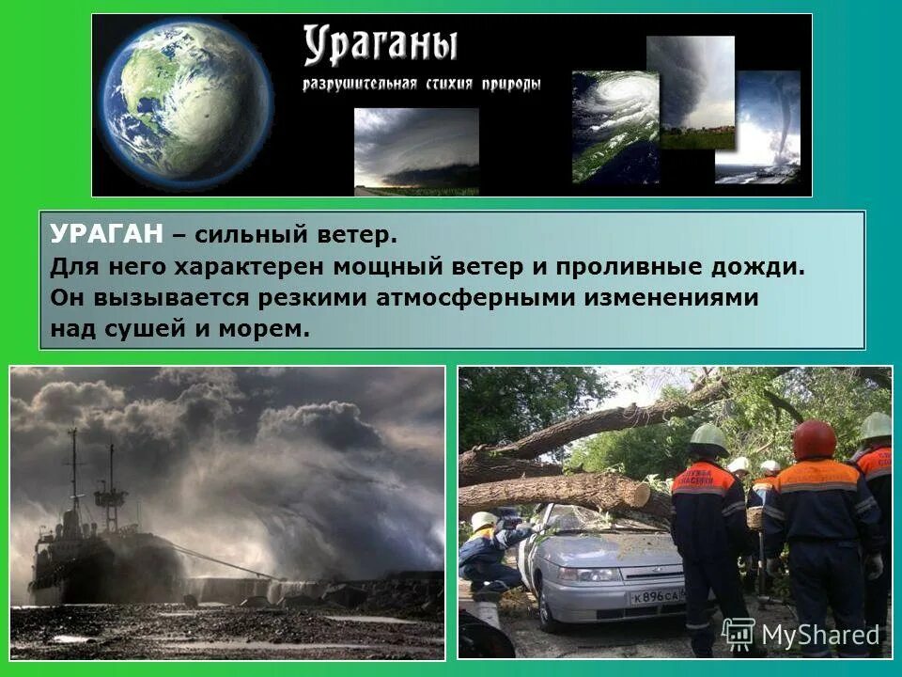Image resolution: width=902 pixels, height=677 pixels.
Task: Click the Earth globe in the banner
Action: (184, 102)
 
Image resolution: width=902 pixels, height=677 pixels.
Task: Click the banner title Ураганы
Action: (380, 45)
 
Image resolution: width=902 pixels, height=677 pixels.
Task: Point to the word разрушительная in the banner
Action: (359, 85)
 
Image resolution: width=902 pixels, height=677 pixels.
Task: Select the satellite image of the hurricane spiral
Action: (614, 126)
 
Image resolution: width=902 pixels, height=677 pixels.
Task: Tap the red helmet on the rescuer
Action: (814, 438)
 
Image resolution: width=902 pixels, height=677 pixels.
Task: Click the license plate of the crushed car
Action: (659, 597)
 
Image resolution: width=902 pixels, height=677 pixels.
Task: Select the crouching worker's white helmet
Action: (484, 520)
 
